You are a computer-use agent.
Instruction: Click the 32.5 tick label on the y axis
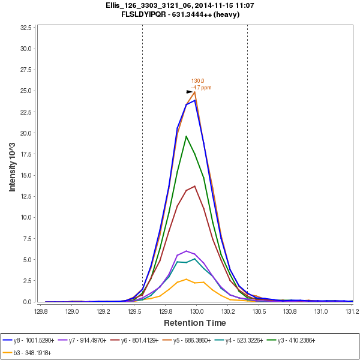tap(27, 28)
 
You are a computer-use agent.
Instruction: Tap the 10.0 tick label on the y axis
tap(27, 217)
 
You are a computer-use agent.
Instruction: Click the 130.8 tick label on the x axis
tap(290, 312)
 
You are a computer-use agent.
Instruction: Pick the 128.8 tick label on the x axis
tap(41, 312)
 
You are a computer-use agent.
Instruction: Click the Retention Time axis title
tap(195, 323)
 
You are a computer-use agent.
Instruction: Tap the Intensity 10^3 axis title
tap(12, 164)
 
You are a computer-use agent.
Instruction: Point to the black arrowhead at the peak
tap(190, 92)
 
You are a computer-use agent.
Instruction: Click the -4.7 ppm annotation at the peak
tap(202, 88)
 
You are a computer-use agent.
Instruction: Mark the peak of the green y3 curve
tap(186, 136)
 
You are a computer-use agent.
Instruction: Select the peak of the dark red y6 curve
tap(194, 186)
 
